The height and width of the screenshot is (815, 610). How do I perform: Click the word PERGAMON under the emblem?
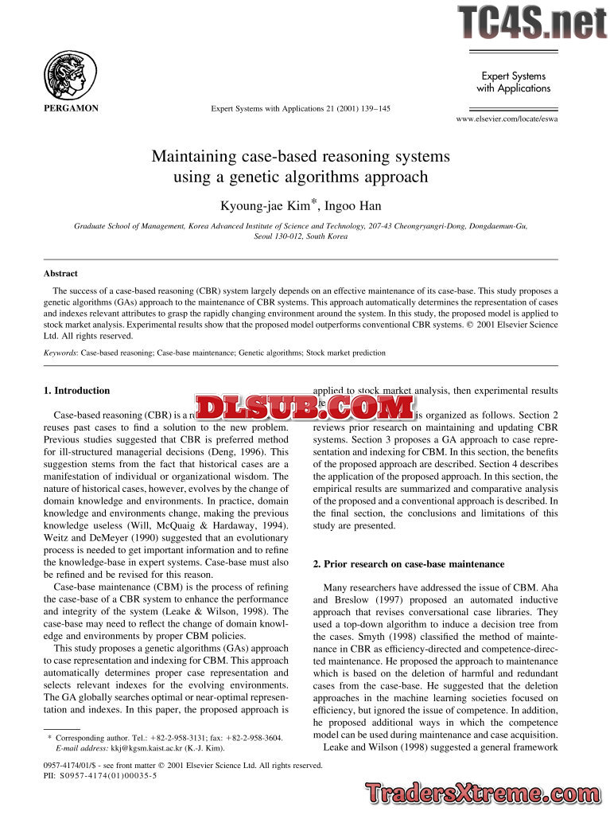pyautogui.click(x=70, y=108)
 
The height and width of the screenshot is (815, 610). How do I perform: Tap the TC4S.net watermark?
pyautogui.click(x=531, y=22)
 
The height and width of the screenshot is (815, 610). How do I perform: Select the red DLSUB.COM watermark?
pyautogui.click(x=305, y=407)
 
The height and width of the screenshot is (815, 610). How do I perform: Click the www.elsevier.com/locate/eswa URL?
pyautogui.click(x=507, y=119)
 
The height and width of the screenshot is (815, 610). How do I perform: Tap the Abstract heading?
pyautogui.click(x=60, y=273)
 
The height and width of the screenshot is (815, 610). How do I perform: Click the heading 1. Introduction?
pyautogui.click(x=76, y=391)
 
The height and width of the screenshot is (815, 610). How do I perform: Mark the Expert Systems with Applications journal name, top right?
pyautogui.click(x=513, y=82)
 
